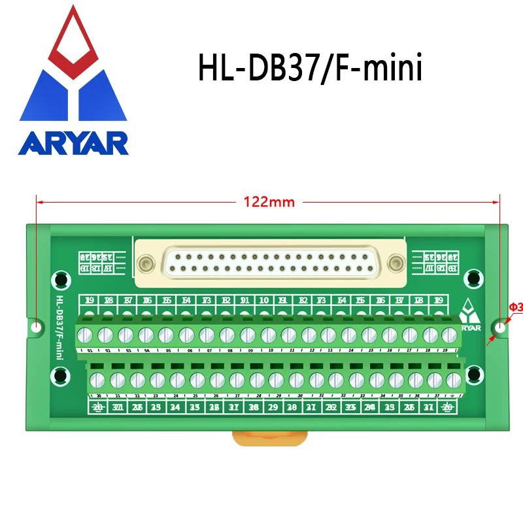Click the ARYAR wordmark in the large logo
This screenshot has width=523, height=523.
coord(73,143)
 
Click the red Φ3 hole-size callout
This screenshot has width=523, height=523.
coord(515,307)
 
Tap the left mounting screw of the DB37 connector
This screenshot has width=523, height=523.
coord(145,264)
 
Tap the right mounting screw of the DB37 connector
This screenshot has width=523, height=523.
coord(394,264)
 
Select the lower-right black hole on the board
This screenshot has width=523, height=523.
coord(475,375)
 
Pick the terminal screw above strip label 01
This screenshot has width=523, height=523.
coord(85,336)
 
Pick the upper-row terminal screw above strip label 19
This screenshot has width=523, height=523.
coord(448,336)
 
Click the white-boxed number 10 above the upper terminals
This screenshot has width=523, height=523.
coord(264,301)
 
